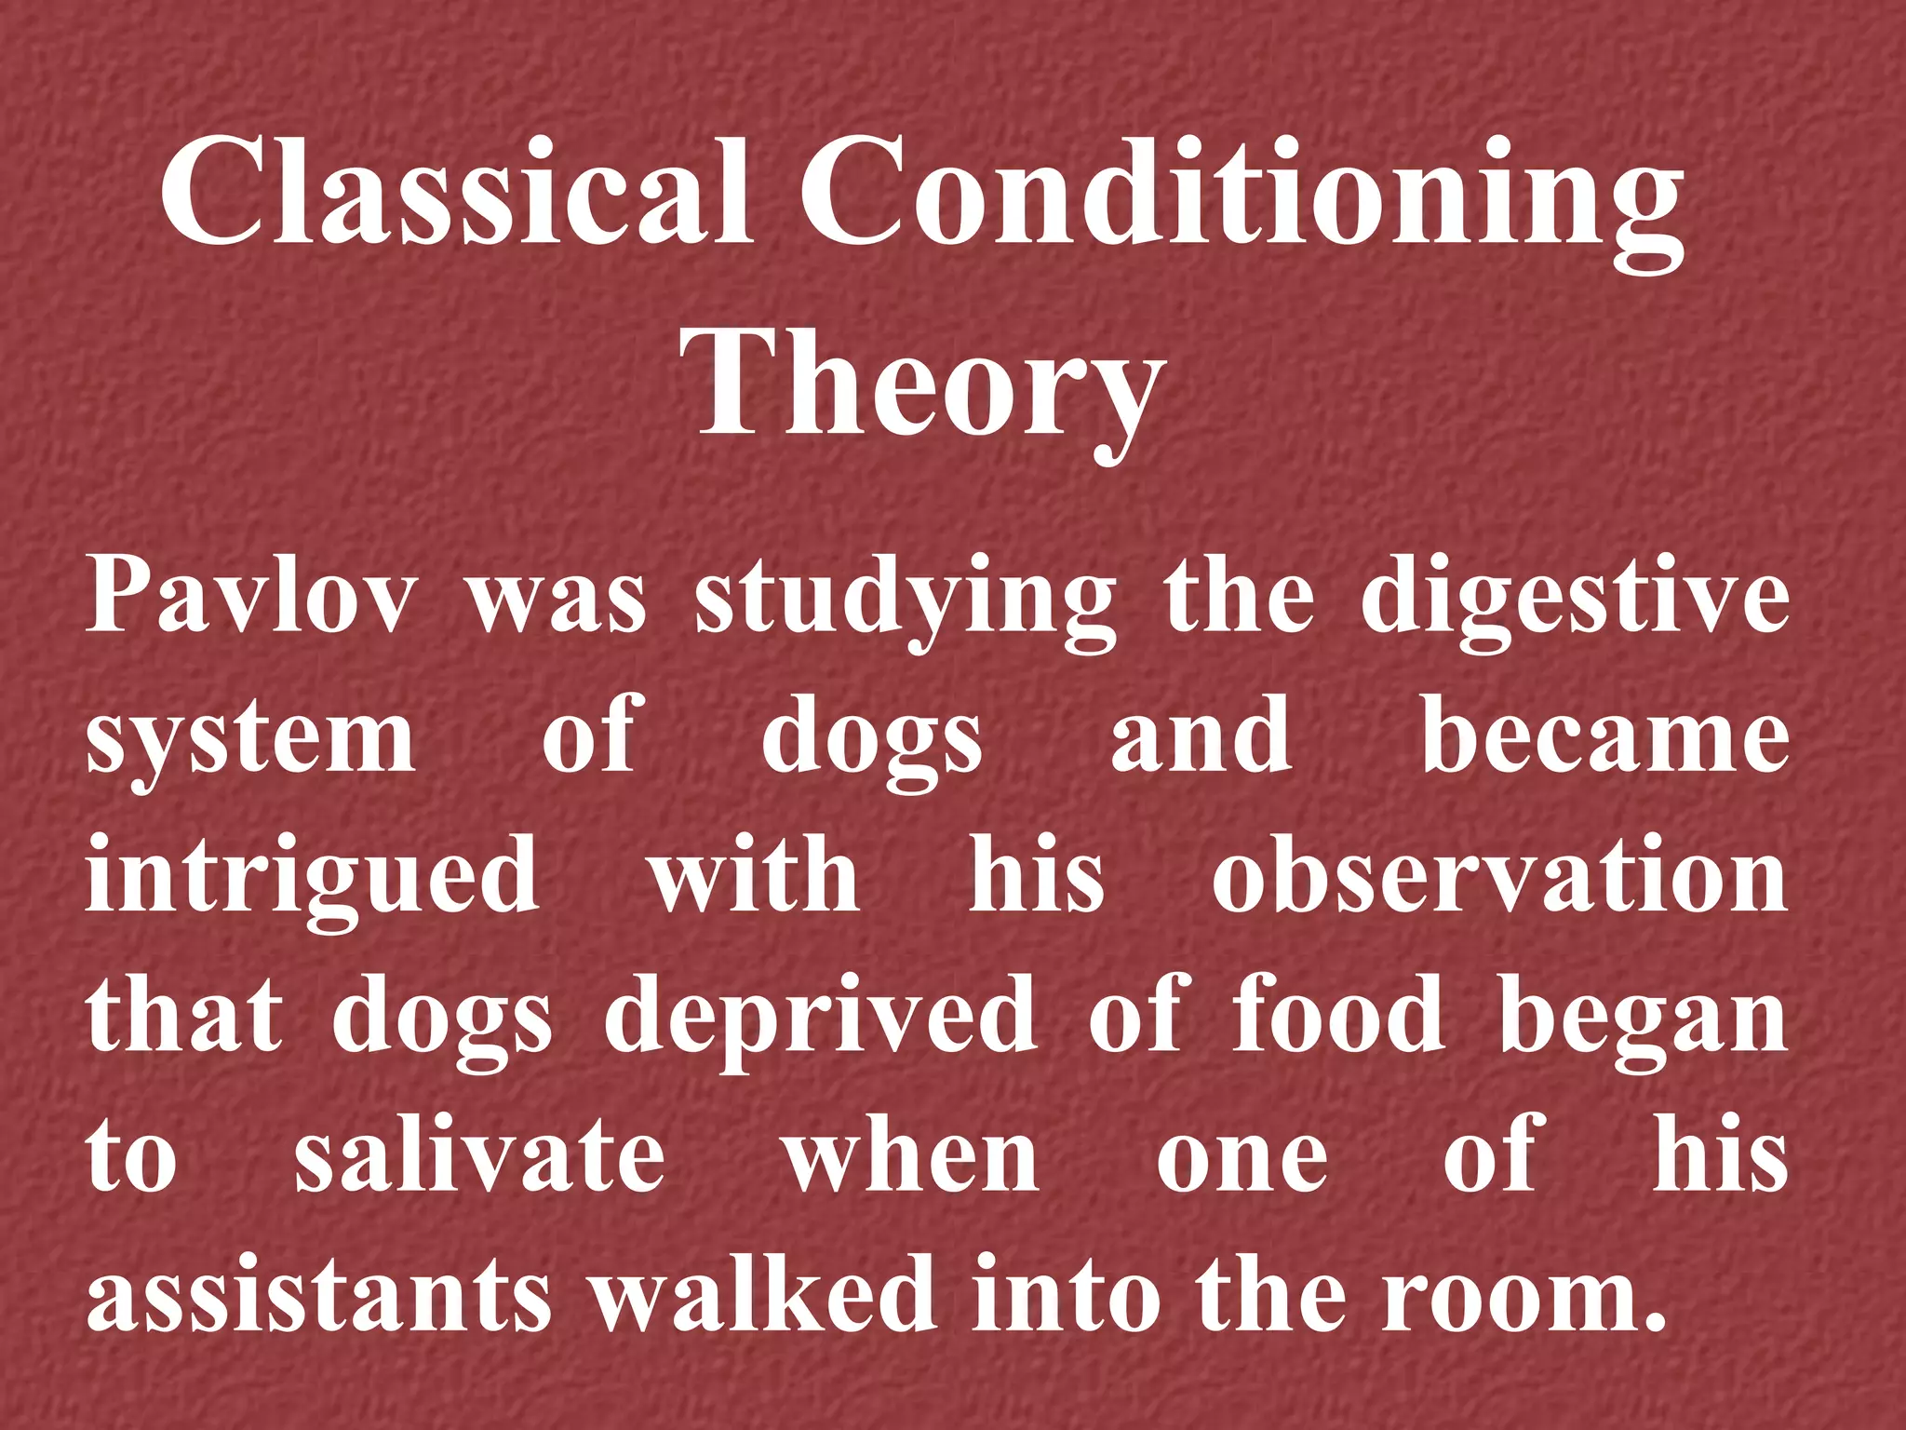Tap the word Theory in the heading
point(921,386)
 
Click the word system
point(251,740)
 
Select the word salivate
point(480,1154)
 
